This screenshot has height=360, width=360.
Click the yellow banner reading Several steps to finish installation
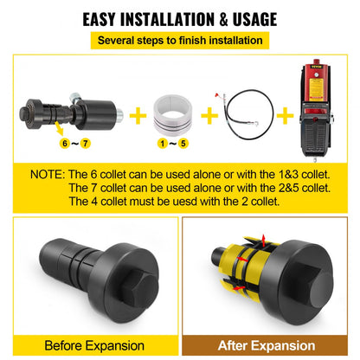180,40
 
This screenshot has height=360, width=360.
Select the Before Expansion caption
91,345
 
